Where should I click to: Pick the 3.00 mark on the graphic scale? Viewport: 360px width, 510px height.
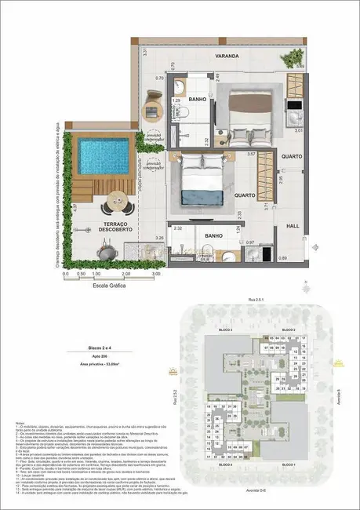click(x=156, y=275)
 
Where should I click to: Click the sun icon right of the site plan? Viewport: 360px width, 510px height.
click(x=338, y=364)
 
